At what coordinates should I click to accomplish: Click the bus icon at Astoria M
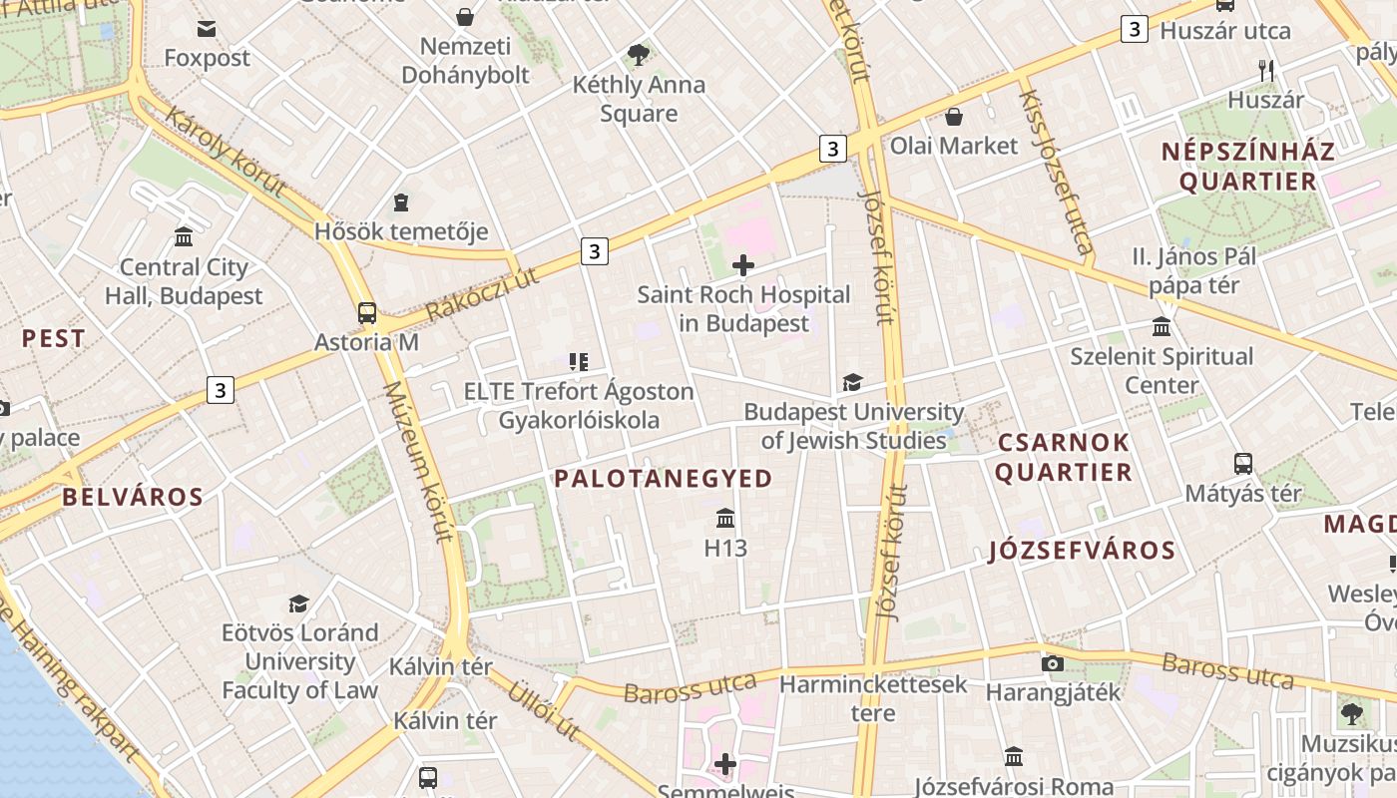[367, 312]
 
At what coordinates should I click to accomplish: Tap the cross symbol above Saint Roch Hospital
[743, 265]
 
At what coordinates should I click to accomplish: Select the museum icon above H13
[725, 519]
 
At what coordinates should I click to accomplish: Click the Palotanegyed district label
[664, 479]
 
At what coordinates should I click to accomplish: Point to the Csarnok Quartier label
[1063, 457]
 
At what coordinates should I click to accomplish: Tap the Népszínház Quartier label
[1247, 167]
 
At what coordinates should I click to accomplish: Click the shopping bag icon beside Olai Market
[954, 117]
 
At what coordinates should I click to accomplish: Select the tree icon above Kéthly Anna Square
[639, 55]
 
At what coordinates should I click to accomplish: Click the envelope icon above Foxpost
[207, 29]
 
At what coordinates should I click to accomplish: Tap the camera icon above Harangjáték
[1052, 663]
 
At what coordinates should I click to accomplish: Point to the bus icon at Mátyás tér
[1243, 464]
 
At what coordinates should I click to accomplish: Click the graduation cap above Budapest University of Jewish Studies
[852, 382]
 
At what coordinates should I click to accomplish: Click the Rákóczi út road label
[481, 293]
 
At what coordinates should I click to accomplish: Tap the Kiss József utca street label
[1056, 170]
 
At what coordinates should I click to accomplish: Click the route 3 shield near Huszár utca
[1134, 29]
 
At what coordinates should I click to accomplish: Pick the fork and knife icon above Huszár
[1266, 70]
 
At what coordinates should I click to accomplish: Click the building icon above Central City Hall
[184, 237]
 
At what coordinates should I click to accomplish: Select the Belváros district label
[133, 497]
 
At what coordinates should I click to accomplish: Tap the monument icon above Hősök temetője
[401, 202]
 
